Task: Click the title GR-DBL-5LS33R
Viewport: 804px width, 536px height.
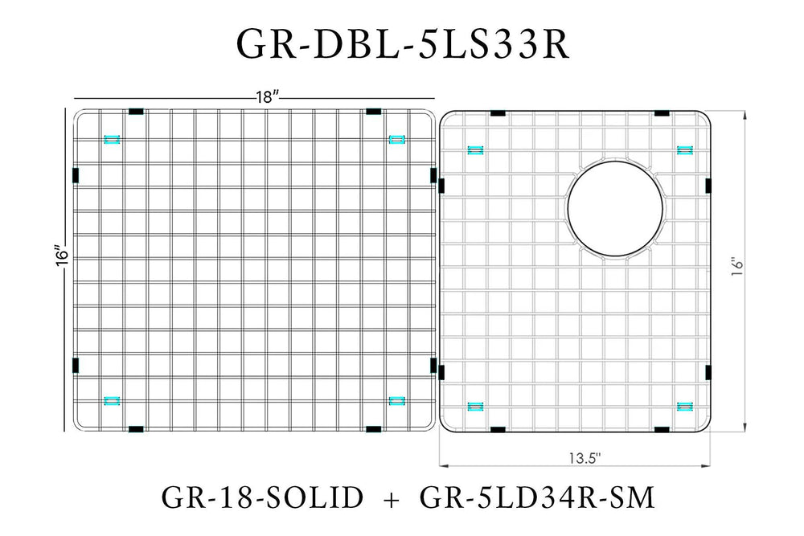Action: (x=402, y=46)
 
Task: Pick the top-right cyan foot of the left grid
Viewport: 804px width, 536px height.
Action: (x=396, y=140)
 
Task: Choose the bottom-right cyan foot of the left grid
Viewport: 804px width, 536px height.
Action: (x=396, y=399)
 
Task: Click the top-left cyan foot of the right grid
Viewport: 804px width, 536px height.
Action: (x=475, y=149)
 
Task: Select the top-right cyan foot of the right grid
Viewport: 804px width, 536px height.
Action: (x=686, y=149)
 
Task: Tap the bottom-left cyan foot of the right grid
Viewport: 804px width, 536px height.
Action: (x=475, y=407)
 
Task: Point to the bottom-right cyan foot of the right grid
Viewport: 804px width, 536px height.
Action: (x=686, y=407)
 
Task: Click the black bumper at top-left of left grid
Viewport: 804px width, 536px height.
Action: (x=134, y=111)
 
